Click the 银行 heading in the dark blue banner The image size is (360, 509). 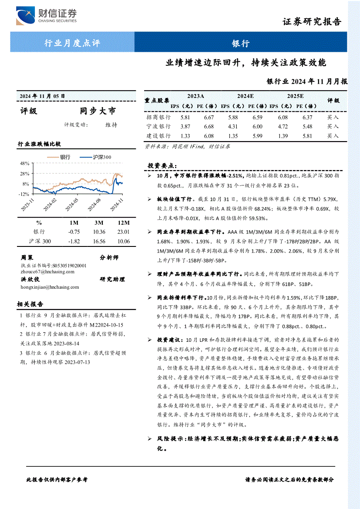[240, 43]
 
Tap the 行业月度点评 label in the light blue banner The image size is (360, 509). [72, 43]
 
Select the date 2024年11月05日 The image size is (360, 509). [42, 96]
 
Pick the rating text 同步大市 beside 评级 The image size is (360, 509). [98, 111]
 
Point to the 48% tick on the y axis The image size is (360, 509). [24, 164]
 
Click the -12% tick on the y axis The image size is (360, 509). [24, 194]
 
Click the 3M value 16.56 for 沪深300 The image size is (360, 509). [99, 241]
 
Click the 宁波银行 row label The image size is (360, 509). [158, 127]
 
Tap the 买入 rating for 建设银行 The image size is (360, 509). [333, 136]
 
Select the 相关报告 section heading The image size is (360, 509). [30, 304]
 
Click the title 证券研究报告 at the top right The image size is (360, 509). [312, 22]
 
